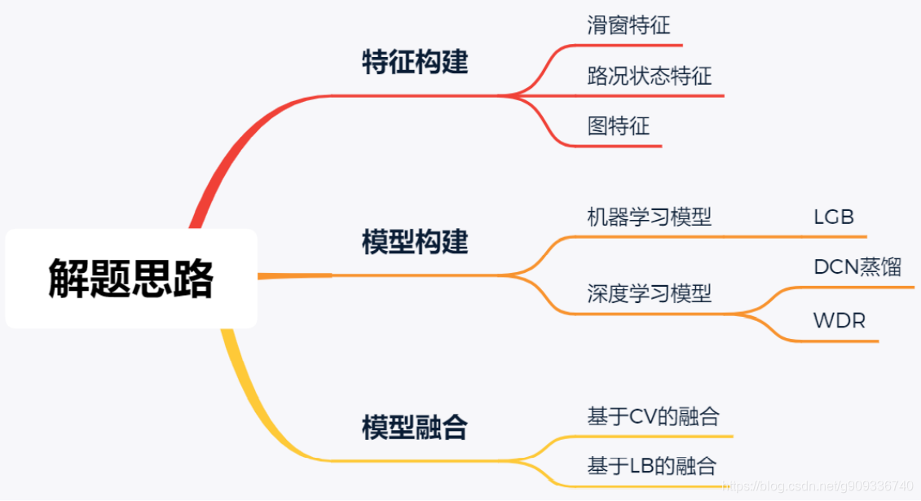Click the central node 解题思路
[131, 279]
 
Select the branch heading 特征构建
[415, 63]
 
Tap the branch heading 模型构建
[415, 242]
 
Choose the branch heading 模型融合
[415, 427]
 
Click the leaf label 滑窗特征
[628, 25]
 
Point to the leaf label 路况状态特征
[649, 76]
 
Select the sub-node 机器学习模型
[649, 217]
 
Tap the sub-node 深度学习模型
[649, 293]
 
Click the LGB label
[834, 218]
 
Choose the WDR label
[839, 320]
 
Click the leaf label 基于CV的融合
[653, 417]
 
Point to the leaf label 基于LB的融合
[651, 466]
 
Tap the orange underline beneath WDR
[839, 341]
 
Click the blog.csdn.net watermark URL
[818, 486]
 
